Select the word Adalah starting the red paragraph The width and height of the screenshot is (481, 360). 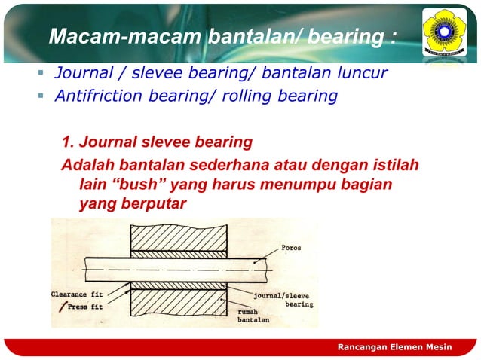click(x=86, y=165)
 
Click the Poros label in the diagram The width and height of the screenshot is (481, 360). click(x=292, y=247)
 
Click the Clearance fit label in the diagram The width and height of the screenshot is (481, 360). click(x=78, y=295)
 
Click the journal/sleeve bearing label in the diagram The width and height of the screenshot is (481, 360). click(x=286, y=300)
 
